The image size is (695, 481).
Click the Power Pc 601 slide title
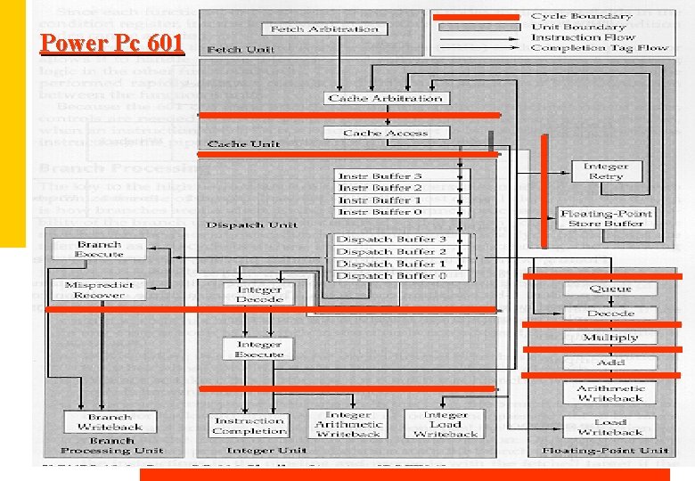tap(111, 43)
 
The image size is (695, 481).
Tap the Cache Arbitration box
tap(385, 98)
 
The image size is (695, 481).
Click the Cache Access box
tap(386, 133)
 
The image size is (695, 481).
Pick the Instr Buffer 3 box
tap(380, 176)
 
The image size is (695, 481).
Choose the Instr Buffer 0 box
tap(380, 212)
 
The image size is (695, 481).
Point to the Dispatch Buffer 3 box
tap(391, 240)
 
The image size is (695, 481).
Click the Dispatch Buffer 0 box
tap(391, 275)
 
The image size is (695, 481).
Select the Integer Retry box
tap(606, 171)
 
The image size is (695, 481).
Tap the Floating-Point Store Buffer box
tap(606, 218)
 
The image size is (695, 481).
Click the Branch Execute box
tap(100, 249)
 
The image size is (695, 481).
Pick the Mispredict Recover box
tap(100, 290)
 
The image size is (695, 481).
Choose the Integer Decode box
tap(259, 295)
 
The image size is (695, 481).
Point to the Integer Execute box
tap(259, 349)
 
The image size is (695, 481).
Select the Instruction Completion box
tap(249, 426)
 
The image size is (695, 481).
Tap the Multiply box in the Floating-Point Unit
tap(610, 338)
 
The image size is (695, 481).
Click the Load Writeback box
tap(610, 427)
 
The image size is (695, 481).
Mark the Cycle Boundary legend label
tap(581, 16)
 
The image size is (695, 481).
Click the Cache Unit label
tap(243, 143)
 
